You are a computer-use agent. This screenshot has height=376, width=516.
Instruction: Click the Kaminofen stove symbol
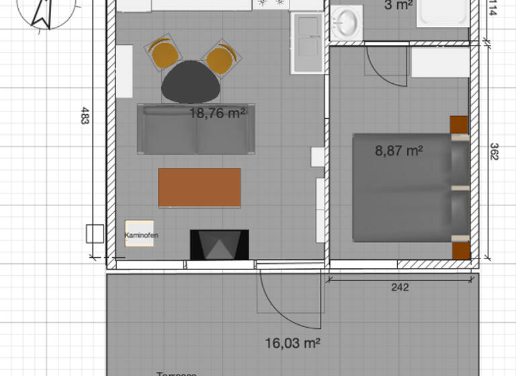pos(139,234)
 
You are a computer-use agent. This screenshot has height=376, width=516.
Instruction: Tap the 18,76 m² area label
pos(217,113)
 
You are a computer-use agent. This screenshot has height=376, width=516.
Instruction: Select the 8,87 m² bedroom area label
pos(398,151)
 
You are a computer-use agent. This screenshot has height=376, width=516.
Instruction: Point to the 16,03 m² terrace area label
pos(292,343)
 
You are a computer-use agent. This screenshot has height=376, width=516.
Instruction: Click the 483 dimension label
pos(85,115)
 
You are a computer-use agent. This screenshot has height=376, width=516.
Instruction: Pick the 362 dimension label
pos(494,151)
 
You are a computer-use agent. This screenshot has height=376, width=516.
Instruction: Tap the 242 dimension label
pos(400,287)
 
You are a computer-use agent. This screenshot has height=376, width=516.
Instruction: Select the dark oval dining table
pos(191,82)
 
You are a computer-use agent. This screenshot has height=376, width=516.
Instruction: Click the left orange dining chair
pos(163,53)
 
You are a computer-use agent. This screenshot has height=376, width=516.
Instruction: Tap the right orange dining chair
pos(220,58)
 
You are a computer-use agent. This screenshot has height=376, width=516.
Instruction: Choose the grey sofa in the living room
pos(196,130)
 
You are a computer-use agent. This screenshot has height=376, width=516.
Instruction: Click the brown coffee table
pos(200,187)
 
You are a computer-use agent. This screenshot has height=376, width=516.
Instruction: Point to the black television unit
pos(219,245)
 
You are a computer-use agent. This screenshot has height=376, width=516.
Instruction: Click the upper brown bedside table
pos(459,125)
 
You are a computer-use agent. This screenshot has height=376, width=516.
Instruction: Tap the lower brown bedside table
pos(461,250)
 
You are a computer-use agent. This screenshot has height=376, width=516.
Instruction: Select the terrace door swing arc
pos(286,295)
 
